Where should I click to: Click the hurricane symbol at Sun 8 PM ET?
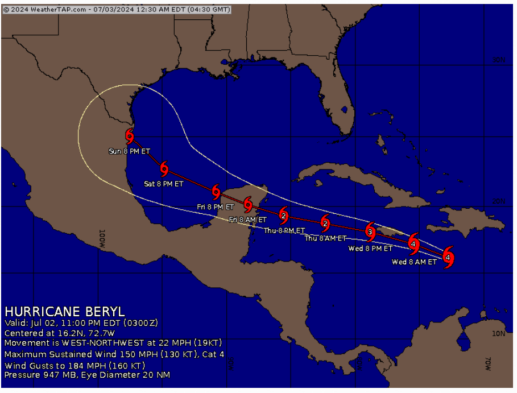pyautogui.click(x=130, y=135)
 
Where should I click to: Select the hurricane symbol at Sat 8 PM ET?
pyautogui.click(x=164, y=168)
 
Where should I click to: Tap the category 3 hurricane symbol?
pyautogui.click(x=370, y=231)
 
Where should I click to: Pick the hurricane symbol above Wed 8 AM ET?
pyautogui.click(x=448, y=257)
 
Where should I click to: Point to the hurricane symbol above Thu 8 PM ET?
pyautogui.click(x=283, y=216)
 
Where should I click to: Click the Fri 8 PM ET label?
pyautogui.click(x=216, y=207)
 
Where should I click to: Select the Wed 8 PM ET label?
pyautogui.click(x=370, y=249)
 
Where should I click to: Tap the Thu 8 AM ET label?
pyautogui.click(x=326, y=238)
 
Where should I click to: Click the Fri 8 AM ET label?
pyautogui.click(x=247, y=220)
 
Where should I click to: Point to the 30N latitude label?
pyautogui.click(x=498, y=60)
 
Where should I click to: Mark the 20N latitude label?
pyautogui.click(x=498, y=202)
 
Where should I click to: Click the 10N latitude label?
pyautogui.click(x=498, y=334)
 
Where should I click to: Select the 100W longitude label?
pyautogui.click(x=102, y=238)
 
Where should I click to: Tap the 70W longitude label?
pyautogui.click(x=488, y=364)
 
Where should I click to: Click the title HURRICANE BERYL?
pyautogui.click(x=64, y=312)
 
